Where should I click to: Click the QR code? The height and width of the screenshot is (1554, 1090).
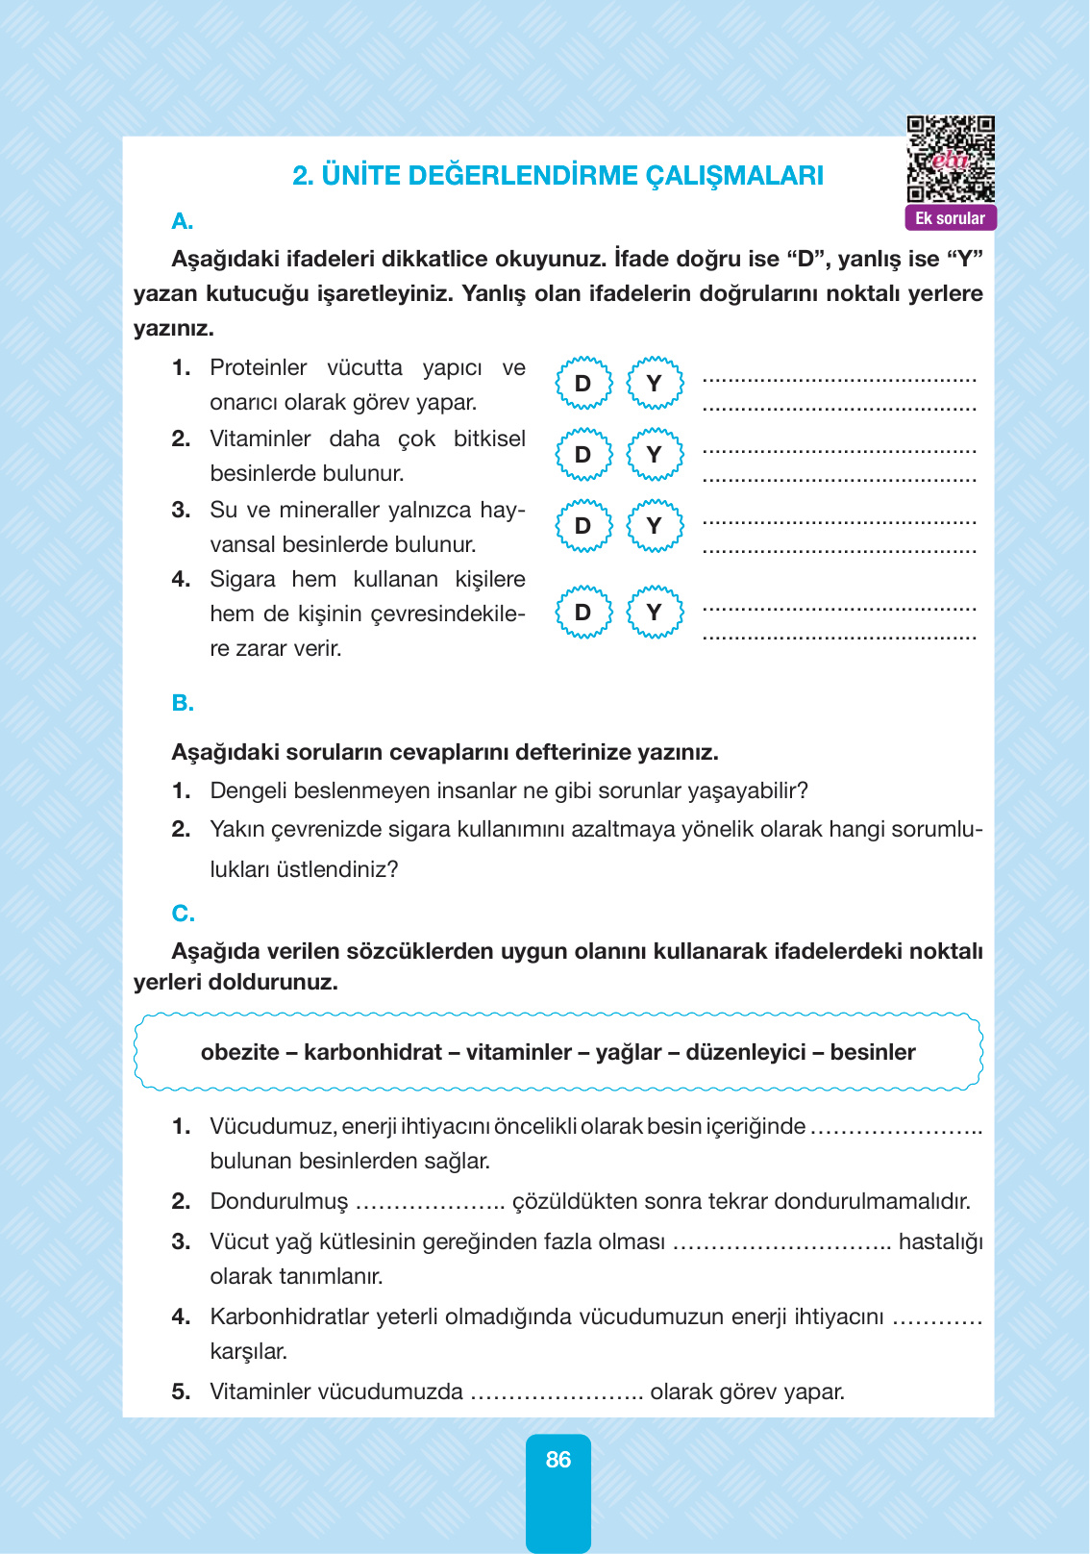coord(951,160)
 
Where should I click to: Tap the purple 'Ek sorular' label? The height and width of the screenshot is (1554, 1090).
coord(950,218)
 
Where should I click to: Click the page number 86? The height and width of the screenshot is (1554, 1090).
coord(558,1460)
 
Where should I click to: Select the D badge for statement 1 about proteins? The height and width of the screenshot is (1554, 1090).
coord(583,384)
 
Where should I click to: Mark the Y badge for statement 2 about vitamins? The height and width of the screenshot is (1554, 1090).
coord(655,455)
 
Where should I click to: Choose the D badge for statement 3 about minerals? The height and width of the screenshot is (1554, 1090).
coord(583,526)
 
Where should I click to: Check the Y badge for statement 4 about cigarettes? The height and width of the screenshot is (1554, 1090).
coord(655,613)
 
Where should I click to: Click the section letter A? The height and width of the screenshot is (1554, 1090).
coord(182,222)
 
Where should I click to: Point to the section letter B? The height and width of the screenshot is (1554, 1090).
coord(182,704)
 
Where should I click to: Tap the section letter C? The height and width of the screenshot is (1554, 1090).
coord(183,914)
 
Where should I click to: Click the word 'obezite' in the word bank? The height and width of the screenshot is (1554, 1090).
coord(239,1052)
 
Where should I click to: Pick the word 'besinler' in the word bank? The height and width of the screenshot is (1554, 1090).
coord(873,1052)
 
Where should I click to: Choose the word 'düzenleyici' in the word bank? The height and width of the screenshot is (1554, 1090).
coord(746,1052)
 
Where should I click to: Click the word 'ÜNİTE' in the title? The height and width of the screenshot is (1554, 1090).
coord(360,176)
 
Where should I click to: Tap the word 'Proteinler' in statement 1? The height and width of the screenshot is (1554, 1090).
coord(258,368)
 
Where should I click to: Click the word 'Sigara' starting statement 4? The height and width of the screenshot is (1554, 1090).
coord(240,580)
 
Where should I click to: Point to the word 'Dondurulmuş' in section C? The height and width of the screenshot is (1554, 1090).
coord(279,1202)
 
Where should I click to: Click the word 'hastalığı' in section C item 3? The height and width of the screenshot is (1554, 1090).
coord(940,1242)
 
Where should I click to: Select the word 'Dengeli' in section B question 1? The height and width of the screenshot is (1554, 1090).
coord(248,791)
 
